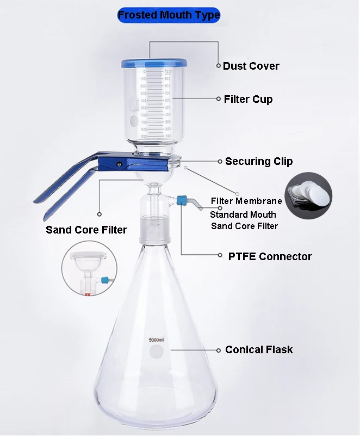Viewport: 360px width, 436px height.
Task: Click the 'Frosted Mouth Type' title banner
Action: click(x=169, y=15)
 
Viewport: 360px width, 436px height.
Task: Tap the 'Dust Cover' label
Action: click(x=251, y=66)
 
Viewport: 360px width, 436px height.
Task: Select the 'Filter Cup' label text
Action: click(x=248, y=99)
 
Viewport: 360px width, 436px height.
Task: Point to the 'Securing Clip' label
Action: click(x=259, y=161)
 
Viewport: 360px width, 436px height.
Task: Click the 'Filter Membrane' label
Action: click(x=246, y=201)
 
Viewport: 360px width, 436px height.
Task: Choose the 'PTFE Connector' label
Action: click(x=270, y=256)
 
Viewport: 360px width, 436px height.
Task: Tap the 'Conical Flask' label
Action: click(x=259, y=349)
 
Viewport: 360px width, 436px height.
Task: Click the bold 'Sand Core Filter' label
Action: click(x=86, y=229)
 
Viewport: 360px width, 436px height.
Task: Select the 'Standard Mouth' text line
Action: click(x=243, y=214)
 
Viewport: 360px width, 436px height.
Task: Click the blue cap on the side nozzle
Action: click(x=183, y=200)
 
